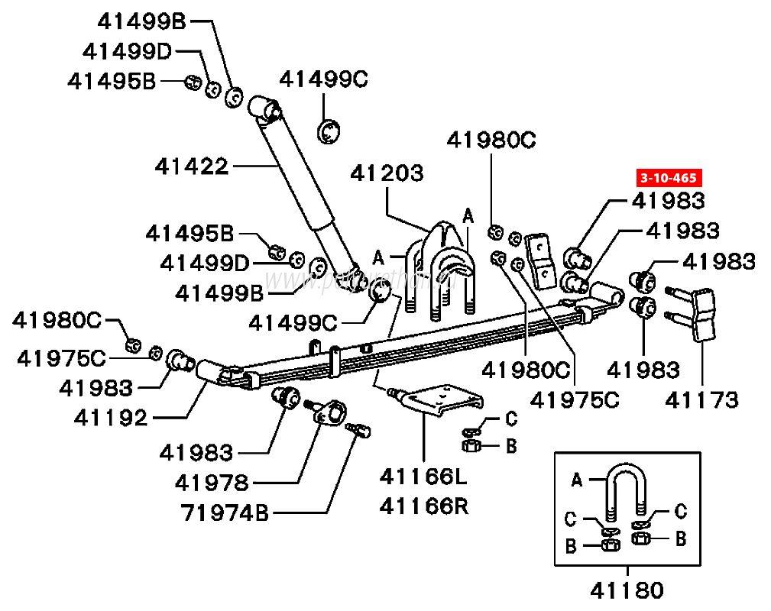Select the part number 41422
191,165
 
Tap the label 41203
387,173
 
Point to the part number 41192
110,418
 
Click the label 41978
211,483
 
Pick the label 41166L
423,478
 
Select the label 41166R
423,506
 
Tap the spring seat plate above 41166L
442,399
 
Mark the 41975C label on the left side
62,357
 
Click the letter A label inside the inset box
577,480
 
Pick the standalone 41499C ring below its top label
328,131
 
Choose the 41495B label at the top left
111,80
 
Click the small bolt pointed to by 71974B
358,432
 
